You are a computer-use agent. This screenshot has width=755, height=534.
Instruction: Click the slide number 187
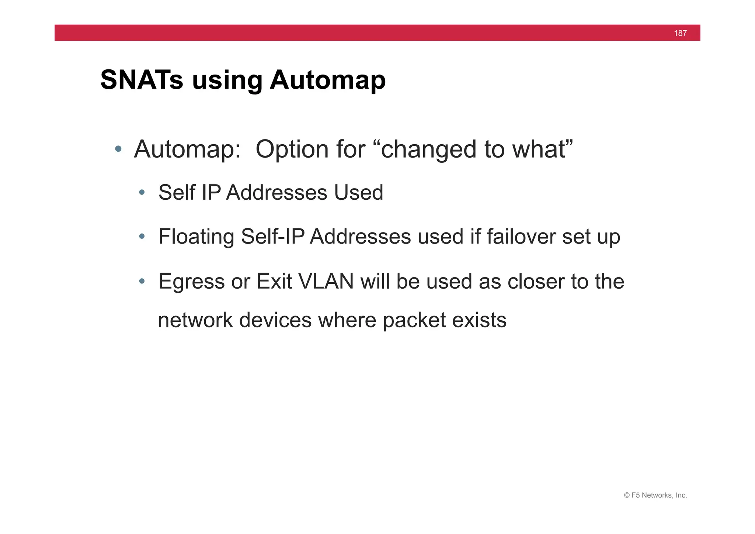(x=680, y=33)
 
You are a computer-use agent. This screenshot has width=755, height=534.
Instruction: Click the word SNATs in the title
(x=142, y=80)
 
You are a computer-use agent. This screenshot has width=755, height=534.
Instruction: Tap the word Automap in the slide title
(x=328, y=80)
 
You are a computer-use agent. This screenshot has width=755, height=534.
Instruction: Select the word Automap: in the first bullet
(x=187, y=149)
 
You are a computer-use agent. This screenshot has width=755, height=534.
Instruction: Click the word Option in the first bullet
(x=292, y=149)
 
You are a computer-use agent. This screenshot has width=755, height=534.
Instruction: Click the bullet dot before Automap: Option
(x=118, y=149)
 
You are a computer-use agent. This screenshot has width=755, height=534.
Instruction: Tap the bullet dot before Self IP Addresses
(x=142, y=192)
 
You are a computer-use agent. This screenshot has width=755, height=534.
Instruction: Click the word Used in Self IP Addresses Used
(x=358, y=192)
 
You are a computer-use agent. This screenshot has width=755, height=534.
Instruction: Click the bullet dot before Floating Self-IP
(x=142, y=236)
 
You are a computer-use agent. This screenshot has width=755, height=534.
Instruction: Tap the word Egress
(x=191, y=281)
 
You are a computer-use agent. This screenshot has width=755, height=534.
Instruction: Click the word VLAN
(x=326, y=281)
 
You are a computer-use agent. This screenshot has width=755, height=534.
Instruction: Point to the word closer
(x=536, y=281)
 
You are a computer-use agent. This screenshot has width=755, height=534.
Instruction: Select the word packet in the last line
(x=414, y=320)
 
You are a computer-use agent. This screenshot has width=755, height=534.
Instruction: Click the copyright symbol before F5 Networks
(x=627, y=495)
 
